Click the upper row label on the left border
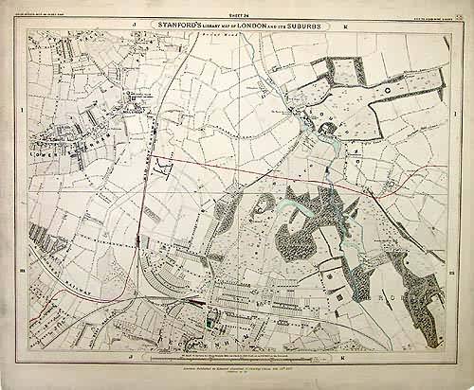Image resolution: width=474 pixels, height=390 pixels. point(20,112)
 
